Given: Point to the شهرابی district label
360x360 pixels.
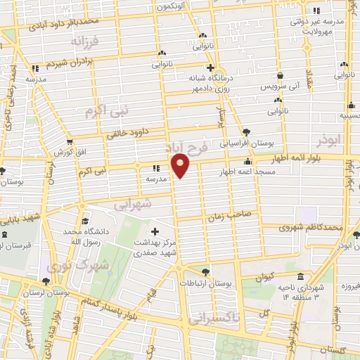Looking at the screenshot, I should [133, 205].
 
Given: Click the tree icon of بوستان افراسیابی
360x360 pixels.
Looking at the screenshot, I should [246, 131].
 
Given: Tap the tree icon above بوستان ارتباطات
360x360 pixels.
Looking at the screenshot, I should [205, 271].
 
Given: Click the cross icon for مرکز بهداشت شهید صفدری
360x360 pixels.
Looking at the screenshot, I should [155, 231].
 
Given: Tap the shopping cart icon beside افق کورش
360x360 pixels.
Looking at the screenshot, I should [70, 142].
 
